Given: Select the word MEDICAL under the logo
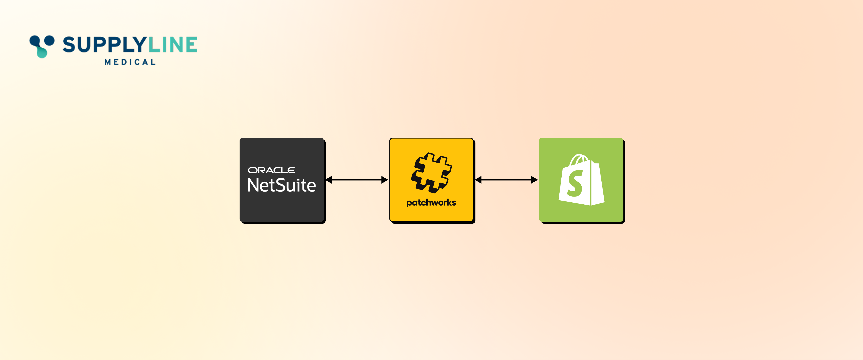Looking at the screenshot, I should tap(130, 62).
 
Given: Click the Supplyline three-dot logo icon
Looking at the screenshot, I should tap(42, 46).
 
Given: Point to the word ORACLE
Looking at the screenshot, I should tap(271, 170).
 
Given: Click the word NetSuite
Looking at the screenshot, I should tap(281, 185).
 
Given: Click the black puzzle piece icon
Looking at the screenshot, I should tap(431, 173).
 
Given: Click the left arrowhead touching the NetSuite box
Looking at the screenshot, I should tap(329, 180).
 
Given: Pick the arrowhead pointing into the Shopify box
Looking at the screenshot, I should tap(535, 180).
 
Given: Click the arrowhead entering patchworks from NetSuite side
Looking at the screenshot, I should tap(385, 180).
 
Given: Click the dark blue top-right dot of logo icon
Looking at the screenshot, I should tap(50, 40).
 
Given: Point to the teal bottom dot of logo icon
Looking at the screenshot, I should tap(42, 53).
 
